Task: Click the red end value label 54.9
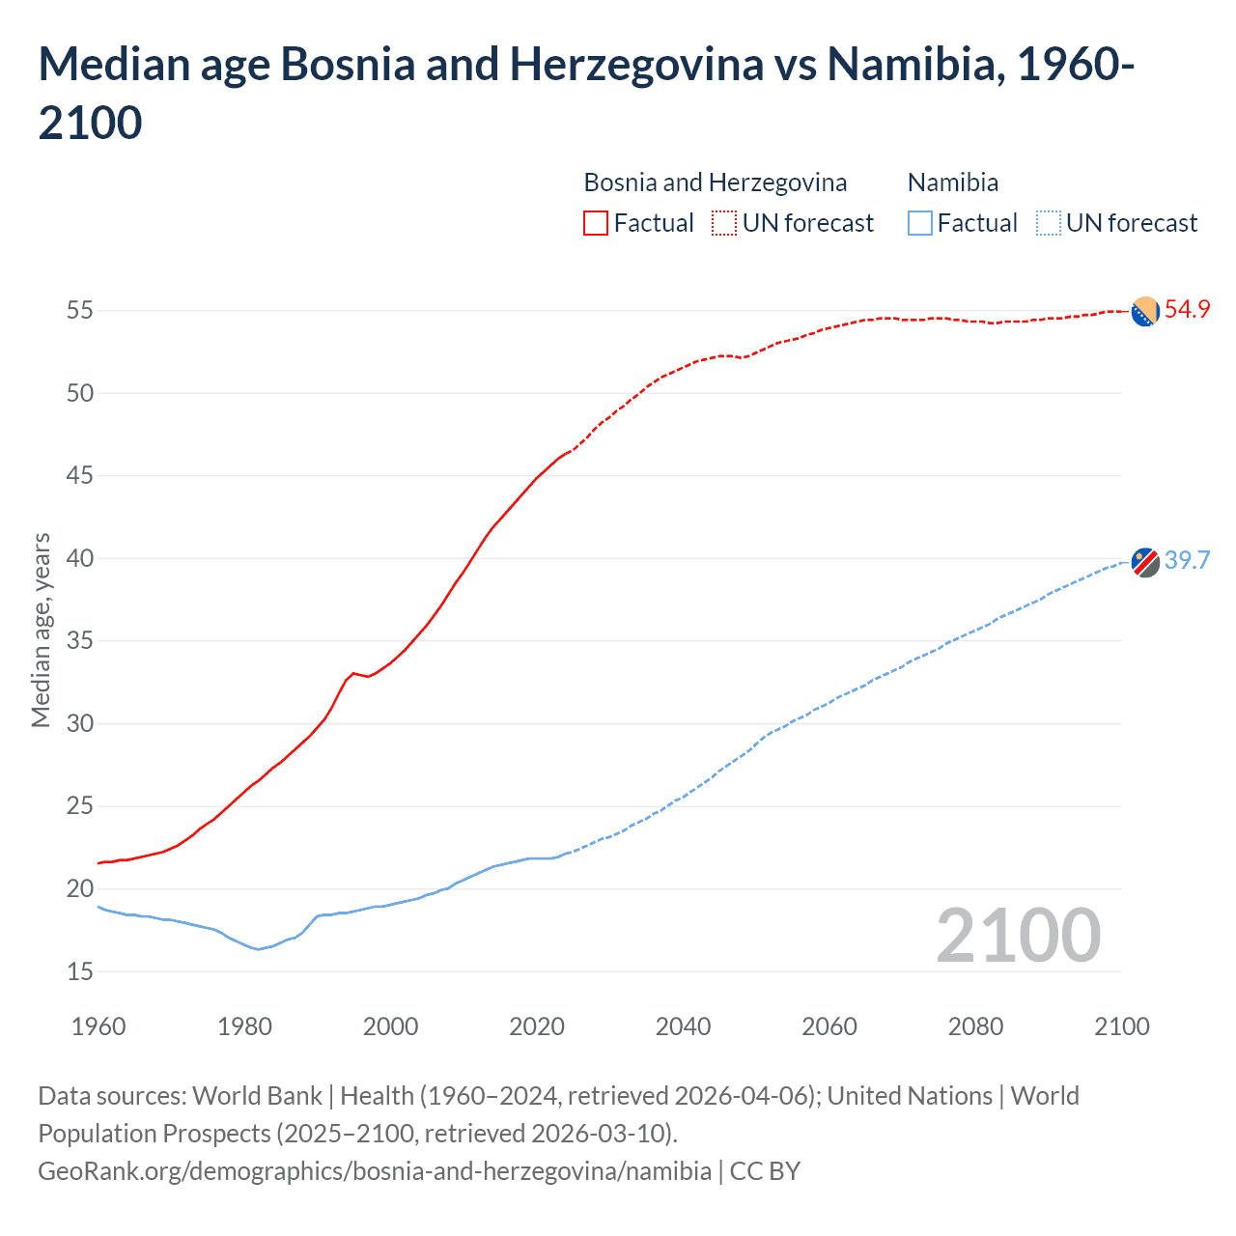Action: coord(1187,310)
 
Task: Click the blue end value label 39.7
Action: coord(1187,561)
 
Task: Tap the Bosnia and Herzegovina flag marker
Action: coord(1145,312)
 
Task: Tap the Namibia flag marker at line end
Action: coord(1145,562)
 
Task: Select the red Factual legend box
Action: coord(596,223)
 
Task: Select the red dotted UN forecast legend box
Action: coord(724,223)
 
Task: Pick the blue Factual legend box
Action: coord(920,223)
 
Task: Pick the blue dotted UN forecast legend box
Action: coord(1048,223)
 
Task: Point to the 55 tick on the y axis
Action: coord(80,311)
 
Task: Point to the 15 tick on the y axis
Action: coord(80,971)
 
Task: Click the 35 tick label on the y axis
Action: coord(80,641)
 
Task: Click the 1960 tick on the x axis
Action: coord(98,1025)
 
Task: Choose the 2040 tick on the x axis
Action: coord(683,1025)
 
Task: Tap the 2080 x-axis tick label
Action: coord(975,1025)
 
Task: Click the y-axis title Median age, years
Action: coord(41,630)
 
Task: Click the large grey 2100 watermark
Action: coord(1018,936)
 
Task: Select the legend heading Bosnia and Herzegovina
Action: coord(715,183)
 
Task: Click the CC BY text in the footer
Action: coord(765,1171)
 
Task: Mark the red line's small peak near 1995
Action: coord(353,673)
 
